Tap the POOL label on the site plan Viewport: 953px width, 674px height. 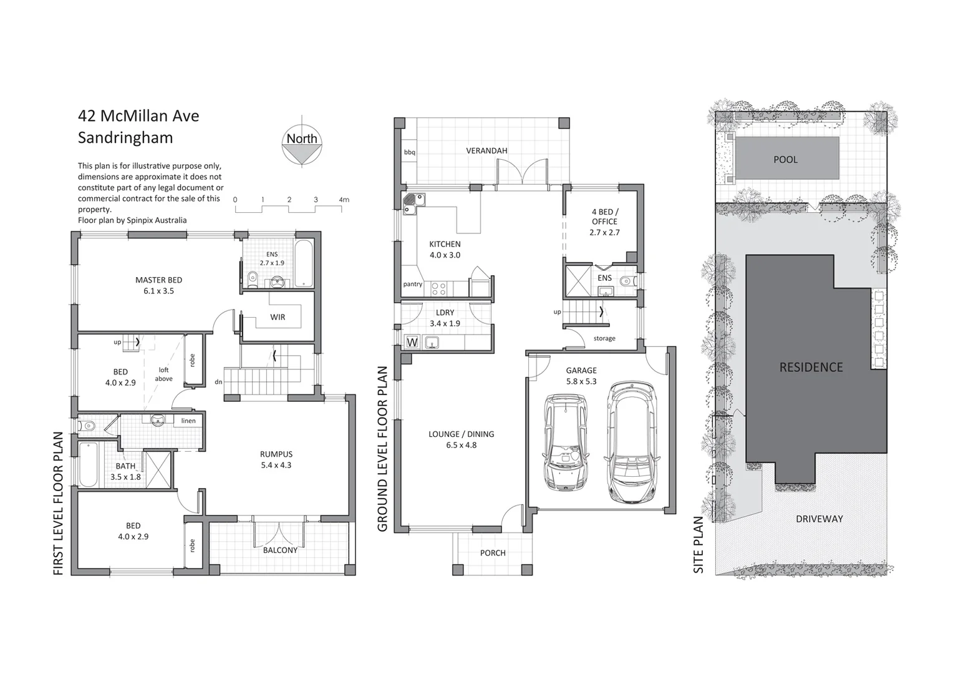pos(785,159)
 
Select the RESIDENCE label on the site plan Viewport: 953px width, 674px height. pos(811,367)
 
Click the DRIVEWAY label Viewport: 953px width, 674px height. pos(819,519)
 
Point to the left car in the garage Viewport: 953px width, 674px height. pos(566,441)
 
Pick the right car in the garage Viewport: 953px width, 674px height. pos(632,442)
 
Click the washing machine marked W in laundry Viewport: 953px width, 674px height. pos(412,342)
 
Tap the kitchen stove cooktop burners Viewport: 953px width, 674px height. pos(439,288)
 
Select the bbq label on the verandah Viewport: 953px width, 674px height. pos(409,152)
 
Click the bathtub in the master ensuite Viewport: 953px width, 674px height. pos(304,263)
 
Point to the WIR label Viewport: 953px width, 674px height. pos(278,317)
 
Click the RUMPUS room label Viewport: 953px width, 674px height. pos(276,454)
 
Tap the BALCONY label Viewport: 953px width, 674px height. pos(280,550)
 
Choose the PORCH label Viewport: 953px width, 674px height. pos(493,552)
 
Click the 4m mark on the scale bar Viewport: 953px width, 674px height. pos(344,200)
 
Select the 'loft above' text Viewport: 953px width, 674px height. pos(163,374)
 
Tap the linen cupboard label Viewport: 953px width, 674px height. pos(188,421)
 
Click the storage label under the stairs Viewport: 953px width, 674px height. pos(604,338)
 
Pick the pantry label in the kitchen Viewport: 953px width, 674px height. pos(412,284)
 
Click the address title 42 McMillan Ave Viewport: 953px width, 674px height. pos(138,116)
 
